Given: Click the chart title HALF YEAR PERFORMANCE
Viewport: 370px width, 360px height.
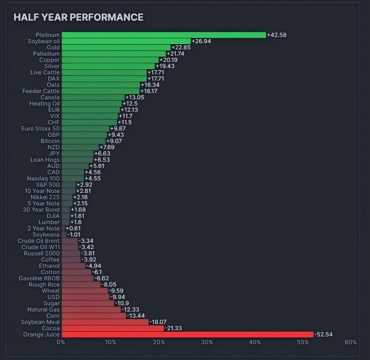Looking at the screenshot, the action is point(78,17).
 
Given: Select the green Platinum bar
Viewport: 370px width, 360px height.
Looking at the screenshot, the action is point(164,35).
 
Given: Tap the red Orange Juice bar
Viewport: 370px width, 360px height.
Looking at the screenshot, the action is point(188,334).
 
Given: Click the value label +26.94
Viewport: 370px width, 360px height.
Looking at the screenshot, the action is point(201,41).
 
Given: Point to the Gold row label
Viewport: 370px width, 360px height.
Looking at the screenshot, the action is point(53,47).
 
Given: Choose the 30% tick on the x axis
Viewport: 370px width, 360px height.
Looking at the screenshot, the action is point(207,342).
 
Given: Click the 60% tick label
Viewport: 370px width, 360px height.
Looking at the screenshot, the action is point(350,342).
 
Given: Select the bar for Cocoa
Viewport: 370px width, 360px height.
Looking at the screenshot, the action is point(113,328).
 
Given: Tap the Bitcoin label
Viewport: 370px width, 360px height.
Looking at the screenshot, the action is point(50,141).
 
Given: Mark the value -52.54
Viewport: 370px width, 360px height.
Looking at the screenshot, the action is point(323,334).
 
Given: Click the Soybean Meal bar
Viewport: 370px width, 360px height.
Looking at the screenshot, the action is point(105,322).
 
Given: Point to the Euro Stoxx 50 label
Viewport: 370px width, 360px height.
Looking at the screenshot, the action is point(41,129).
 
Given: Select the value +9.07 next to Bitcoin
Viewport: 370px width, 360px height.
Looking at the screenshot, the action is point(114,141).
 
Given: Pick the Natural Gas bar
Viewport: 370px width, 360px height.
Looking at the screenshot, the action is point(91,309).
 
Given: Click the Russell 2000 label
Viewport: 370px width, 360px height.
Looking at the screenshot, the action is point(42,253).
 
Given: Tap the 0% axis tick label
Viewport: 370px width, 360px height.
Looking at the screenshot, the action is point(61,342).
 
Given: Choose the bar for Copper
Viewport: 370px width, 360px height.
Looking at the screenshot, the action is point(110,60).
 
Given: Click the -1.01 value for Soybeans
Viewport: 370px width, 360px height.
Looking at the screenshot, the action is point(73,235).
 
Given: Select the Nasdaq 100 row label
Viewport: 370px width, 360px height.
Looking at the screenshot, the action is point(43,178).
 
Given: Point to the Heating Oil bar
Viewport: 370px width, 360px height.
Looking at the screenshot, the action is point(92,103).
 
